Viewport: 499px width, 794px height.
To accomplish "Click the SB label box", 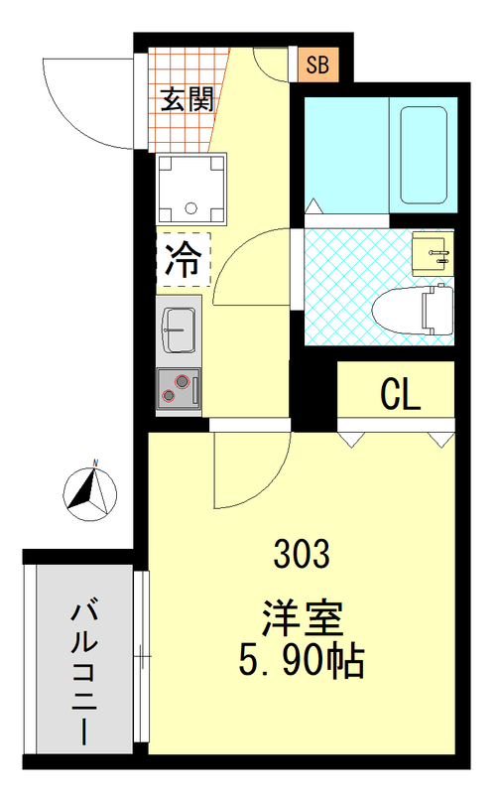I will tap(318, 66).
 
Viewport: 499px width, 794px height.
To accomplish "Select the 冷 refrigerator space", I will tap(181, 260).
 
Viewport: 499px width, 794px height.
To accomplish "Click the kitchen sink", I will tap(180, 329).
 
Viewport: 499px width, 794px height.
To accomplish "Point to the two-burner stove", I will tap(179, 387).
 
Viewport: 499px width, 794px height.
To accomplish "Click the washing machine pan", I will tap(190, 189).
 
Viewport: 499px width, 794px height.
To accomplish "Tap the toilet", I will tap(412, 310).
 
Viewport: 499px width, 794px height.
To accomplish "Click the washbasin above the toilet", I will tap(431, 255).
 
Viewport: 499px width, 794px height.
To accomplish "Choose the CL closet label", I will tap(401, 395).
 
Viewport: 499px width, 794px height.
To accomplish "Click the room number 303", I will tap(303, 554).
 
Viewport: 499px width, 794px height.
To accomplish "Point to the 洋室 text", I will tap(303, 618).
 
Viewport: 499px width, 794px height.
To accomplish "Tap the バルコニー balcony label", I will tap(85, 671).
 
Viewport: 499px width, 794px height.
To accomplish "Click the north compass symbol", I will tap(90, 491).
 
